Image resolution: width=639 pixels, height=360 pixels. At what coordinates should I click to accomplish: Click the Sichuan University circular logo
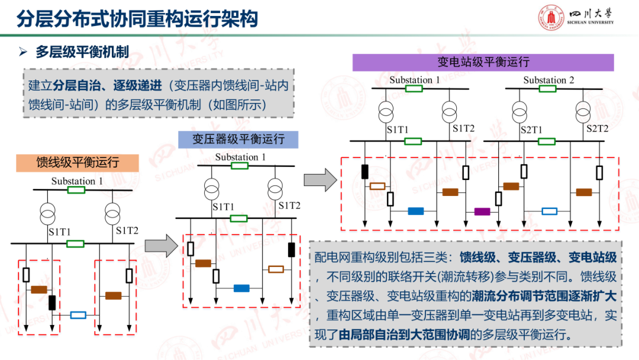551,18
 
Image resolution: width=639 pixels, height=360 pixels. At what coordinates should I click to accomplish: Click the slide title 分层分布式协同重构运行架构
138,18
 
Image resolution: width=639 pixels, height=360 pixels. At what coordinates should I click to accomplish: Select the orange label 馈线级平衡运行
78,162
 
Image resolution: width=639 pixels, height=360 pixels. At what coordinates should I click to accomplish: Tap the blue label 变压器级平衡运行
238,139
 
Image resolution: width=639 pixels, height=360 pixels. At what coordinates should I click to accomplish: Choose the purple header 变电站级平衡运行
483,62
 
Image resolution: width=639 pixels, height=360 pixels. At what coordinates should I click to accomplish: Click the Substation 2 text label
548,80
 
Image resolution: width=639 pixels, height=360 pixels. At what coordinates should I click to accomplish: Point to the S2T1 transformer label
531,129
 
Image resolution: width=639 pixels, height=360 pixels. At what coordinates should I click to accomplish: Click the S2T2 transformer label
598,128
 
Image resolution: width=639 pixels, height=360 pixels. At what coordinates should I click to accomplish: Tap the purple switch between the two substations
482,211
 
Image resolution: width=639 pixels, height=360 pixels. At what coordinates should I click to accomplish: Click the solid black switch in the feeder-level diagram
52,303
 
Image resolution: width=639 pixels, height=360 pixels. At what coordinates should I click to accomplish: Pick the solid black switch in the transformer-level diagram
292,250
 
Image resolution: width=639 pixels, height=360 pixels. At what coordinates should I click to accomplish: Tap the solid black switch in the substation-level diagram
364,171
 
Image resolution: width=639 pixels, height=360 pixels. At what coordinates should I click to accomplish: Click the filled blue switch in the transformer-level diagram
241,288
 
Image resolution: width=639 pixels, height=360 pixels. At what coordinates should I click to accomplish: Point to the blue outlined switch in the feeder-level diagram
78,315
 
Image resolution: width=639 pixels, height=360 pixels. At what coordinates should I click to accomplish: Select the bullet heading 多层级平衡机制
82,52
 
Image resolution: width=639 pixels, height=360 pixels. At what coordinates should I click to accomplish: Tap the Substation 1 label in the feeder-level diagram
77,181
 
